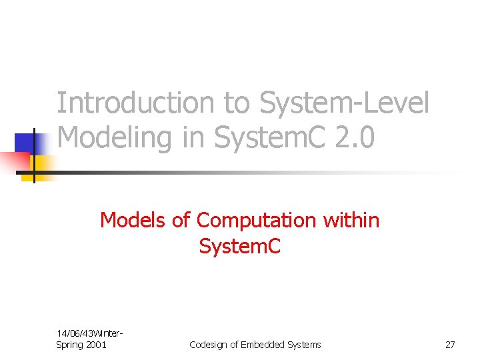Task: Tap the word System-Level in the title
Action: click(x=343, y=103)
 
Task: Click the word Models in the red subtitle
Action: click(x=133, y=219)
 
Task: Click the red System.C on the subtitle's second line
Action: click(x=240, y=247)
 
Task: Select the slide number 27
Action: click(x=450, y=345)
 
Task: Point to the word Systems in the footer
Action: click(x=303, y=345)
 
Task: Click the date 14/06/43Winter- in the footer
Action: click(x=91, y=333)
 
